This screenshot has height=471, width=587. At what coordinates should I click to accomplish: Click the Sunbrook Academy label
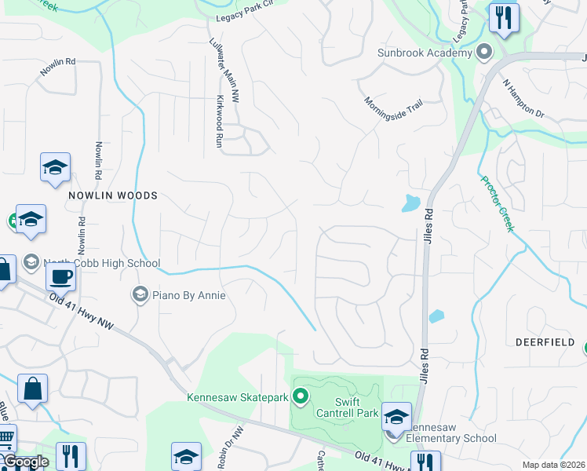424,53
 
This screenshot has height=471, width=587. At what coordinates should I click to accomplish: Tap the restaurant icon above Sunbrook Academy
502,17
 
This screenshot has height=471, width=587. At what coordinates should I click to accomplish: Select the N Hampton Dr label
523,97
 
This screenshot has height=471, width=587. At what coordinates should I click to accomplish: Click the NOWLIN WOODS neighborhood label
113,195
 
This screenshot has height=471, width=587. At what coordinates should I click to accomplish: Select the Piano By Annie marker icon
140,294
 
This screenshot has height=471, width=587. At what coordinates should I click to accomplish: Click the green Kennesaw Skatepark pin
300,397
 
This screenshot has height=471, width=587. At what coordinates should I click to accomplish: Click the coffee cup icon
60,276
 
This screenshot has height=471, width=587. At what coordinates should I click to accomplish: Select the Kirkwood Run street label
220,122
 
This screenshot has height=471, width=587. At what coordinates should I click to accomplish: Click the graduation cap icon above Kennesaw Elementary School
396,416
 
